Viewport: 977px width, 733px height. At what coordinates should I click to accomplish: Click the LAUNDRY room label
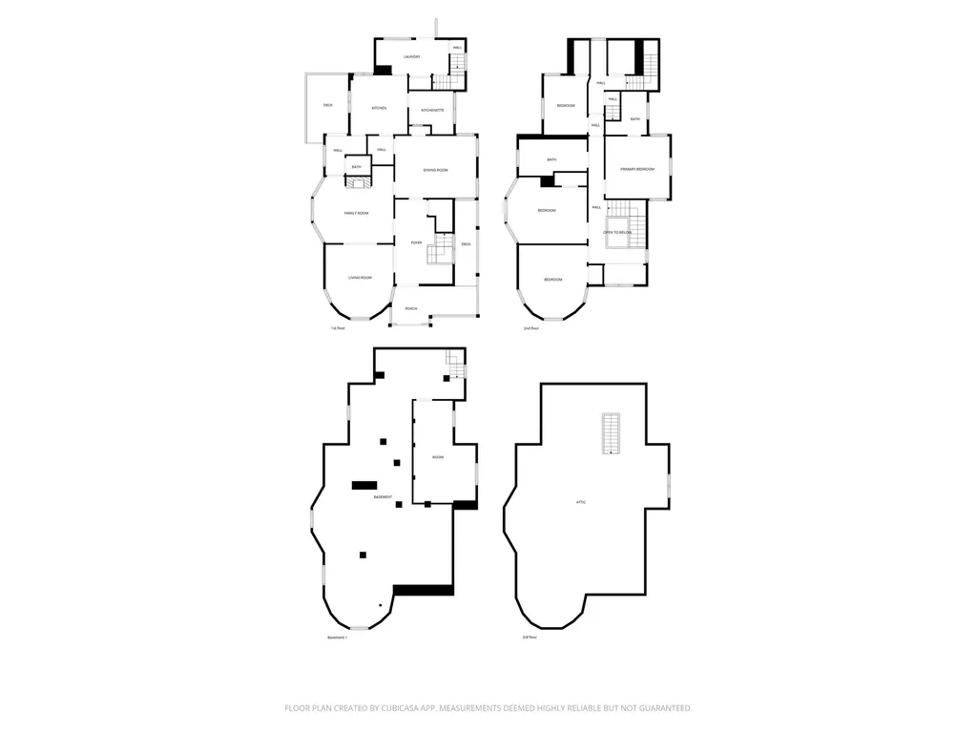pos(412,57)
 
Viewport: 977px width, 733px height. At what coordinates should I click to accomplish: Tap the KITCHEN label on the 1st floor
pos(379,108)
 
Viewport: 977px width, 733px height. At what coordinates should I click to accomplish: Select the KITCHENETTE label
pos(432,111)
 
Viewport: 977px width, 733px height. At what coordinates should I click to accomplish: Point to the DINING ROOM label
pos(436,170)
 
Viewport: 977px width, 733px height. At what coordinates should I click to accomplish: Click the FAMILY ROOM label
pos(357,213)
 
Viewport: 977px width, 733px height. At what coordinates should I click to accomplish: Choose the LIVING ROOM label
pos(360,278)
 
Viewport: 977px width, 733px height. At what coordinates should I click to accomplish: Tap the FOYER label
pos(417,243)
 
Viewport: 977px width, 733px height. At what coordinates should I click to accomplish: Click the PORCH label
pos(411,308)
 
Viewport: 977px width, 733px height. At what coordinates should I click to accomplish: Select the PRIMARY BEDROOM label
pos(637,169)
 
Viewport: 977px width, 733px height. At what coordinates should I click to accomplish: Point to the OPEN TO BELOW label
pos(618,232)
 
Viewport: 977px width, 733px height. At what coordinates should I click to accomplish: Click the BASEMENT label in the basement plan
pos(383,497)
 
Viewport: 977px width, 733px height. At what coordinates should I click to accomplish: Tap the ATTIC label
pos(580,502)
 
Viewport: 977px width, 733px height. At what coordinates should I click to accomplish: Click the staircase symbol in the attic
pos(611,433)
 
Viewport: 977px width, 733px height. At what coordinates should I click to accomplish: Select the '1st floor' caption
pos(338,328)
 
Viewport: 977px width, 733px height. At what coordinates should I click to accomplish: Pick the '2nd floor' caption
pos(531,328)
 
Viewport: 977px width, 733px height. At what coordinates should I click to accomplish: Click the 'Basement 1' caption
pos(338,638)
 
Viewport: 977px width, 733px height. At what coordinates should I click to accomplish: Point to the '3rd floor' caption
pos(529,638)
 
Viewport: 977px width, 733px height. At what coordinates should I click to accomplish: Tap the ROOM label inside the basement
pos(438,457)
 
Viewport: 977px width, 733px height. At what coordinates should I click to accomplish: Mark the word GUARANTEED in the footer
pos(662,708)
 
